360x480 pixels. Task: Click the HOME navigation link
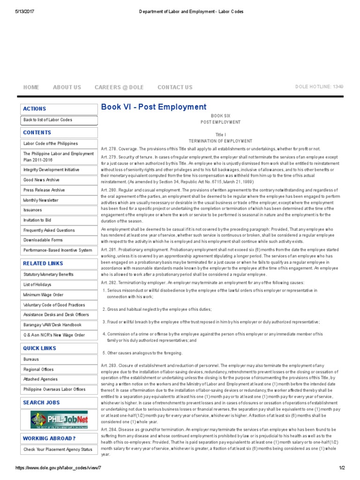tap(31, 87)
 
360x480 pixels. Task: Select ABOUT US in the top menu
tap(67, 87)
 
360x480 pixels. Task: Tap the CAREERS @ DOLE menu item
tap(119, 87)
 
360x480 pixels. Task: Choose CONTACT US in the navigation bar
tap(175, 87)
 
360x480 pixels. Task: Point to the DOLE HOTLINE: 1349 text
tap(319, 87)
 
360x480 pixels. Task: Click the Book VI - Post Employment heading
tap(154, 107)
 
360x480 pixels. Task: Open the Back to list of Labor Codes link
tap(48, 120)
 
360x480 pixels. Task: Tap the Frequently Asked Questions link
tap(49, 230)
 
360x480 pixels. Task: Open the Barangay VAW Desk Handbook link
tap(52, 325)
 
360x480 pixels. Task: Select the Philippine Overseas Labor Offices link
tap(54, 389)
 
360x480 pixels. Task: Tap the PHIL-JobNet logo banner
tap(59, 420)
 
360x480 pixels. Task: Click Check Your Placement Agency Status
tap(58, 450)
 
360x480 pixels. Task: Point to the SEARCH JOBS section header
tap(41, 403)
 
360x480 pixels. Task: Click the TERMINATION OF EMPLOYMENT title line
tap(220, 141)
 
